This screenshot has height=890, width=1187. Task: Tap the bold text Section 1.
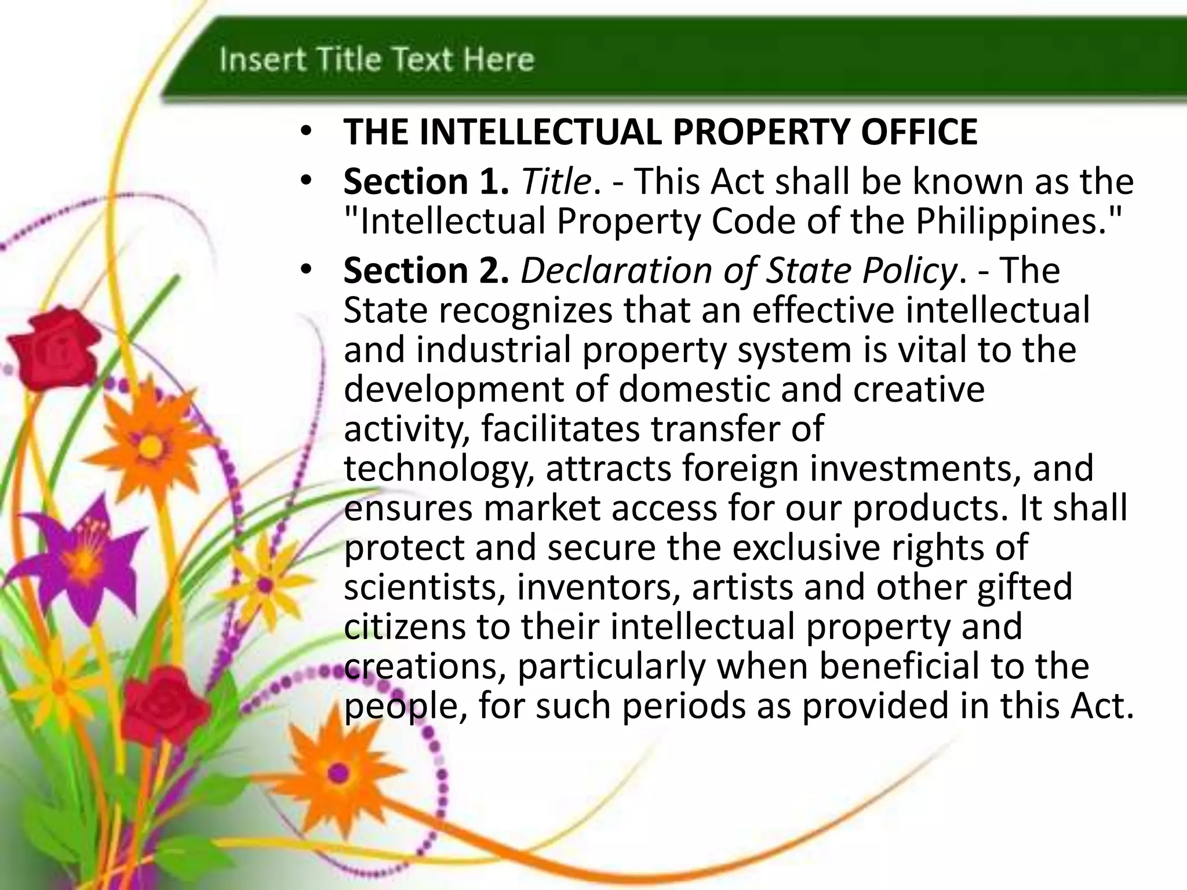coord(426,182)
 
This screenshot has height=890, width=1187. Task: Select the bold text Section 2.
coord(426,271)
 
